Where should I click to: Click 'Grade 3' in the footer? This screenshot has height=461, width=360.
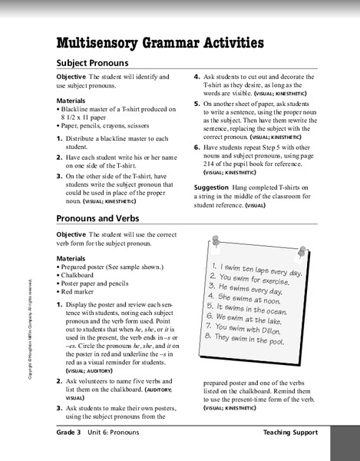pos(74,433)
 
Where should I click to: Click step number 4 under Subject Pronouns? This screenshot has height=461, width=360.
pos(197,78)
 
